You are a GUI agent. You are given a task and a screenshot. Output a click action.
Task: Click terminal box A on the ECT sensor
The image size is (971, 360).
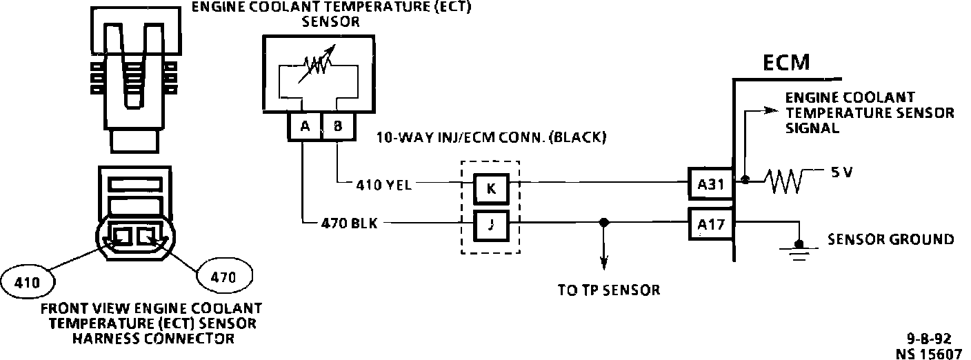pos(304,126)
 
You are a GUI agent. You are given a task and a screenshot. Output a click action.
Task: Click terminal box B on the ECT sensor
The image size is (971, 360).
pos(337,126)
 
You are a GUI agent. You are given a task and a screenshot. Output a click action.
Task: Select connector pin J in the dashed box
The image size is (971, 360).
pos(490,223)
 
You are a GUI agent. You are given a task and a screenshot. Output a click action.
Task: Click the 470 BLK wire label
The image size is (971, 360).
pos(349,223)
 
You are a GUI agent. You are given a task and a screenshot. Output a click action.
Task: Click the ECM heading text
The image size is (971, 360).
pos(786,63)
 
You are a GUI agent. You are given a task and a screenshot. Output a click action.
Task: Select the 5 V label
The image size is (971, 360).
pos(841,173)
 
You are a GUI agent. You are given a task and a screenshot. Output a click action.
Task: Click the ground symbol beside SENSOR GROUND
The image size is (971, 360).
pos(799,247)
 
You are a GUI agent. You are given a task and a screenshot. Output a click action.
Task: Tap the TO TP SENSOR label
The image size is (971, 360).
pos(609,290)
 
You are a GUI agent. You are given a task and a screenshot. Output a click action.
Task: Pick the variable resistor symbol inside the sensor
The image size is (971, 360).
pos(317,66)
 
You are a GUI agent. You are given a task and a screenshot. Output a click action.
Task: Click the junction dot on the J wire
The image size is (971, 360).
pos(604,223)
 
